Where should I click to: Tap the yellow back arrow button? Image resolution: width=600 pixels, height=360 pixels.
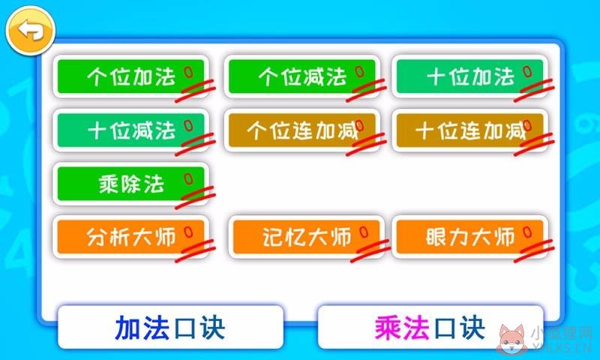(x=31, y=31)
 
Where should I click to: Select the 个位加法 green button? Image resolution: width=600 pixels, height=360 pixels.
(x=130, y=76)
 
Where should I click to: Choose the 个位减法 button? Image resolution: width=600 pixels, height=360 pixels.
(x=302, y=76)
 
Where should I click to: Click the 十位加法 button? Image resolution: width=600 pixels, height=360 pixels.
(x=470, y=76)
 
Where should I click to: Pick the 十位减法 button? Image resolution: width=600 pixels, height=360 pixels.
(x=130, y=130)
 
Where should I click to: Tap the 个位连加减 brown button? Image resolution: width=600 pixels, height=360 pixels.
(x=302, y=130)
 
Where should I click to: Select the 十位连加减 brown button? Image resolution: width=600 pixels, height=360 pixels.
(x=470, y=130)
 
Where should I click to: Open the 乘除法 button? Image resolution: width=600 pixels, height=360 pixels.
(x=130, y=184)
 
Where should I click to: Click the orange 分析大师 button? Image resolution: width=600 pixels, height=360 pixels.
(x=130, y=237)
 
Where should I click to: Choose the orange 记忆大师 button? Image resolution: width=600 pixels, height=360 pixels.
(x=306, y=237)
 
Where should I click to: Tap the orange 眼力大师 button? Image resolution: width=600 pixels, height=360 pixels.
(x=470, y=237)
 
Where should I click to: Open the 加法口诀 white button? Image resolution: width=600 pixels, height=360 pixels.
(x=171, y=327)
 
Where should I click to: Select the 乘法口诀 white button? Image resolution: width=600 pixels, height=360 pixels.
(x=430, y=327)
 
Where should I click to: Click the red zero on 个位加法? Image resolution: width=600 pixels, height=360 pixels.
(x=188, y=72)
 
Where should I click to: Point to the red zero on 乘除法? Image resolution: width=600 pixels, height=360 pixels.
(x=188, y=179)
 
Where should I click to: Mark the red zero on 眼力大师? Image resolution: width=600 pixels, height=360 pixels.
(x=527, y=232)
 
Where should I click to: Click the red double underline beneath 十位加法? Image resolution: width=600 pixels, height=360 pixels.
(x=534, y=91)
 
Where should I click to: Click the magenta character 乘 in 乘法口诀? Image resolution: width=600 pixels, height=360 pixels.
(x=388, y=328)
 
